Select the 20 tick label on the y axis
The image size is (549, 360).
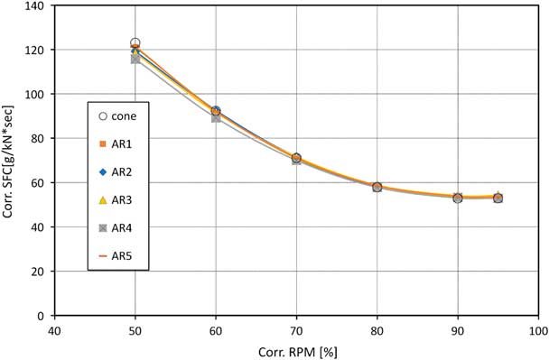coord(41,272)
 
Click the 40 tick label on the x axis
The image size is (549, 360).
coord(55,331)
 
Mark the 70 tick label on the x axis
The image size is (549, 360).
coord(296,331)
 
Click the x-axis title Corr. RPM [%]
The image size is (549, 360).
coord(296,350)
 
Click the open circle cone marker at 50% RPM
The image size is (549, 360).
coord(135,43)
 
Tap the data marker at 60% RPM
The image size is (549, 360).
coord(216,112)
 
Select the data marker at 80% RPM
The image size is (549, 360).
coord(377,187)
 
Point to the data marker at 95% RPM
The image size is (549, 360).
coord(498,198)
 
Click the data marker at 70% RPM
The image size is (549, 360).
coord(296,159)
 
